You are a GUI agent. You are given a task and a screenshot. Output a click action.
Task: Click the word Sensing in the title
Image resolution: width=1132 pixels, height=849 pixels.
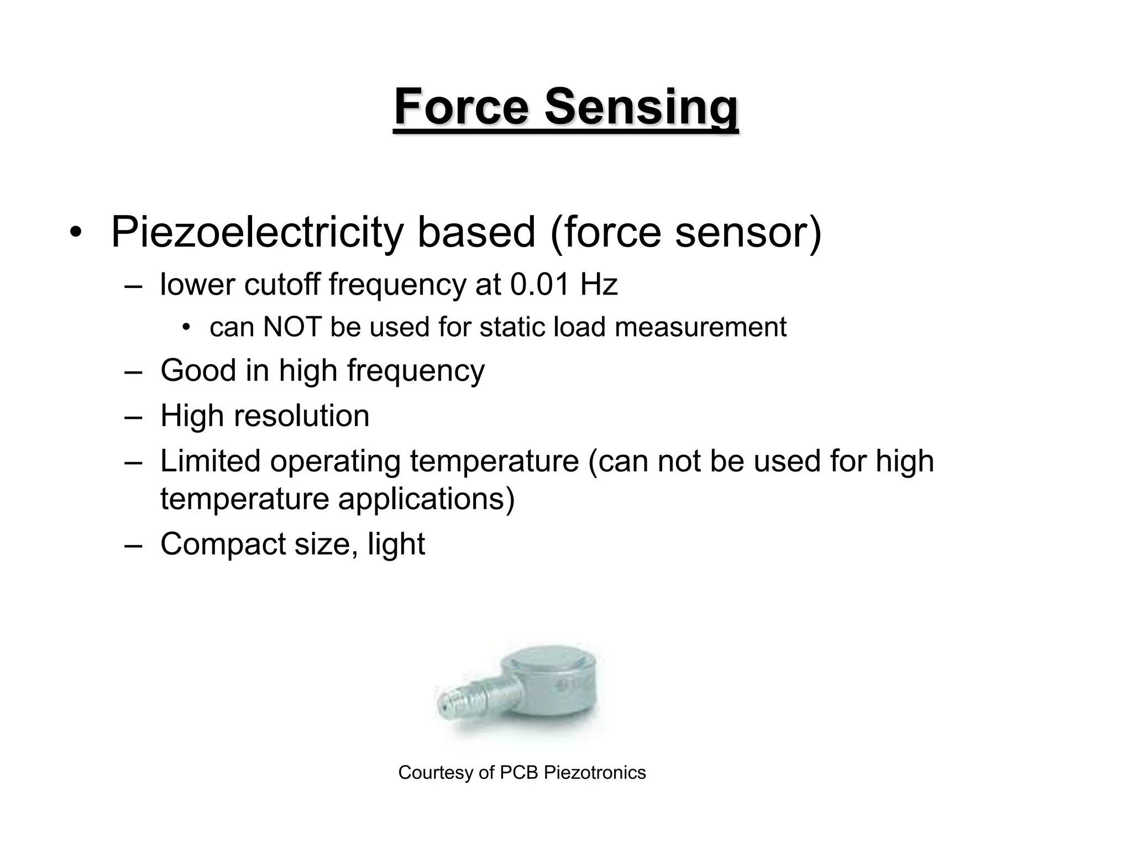coord(641,108)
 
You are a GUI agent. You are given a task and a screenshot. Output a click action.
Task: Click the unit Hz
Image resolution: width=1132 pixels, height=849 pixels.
coord(599,285)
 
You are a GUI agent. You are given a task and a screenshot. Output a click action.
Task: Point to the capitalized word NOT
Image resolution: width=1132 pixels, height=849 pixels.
coord(292,327)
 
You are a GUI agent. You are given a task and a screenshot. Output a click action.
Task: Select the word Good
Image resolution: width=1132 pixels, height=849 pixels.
coord(198,370)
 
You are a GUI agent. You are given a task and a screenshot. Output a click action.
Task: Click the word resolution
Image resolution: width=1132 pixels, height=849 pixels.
coord(301,416)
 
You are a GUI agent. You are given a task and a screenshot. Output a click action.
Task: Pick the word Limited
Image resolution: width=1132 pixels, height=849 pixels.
coord(210,461)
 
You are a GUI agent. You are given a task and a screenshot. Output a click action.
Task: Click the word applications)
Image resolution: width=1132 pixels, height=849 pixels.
coord(426,499)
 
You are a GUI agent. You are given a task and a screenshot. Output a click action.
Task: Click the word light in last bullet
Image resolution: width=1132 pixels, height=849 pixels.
coord(396,544)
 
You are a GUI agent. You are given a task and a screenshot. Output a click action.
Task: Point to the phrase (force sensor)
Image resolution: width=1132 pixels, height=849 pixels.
coord(685,232)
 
